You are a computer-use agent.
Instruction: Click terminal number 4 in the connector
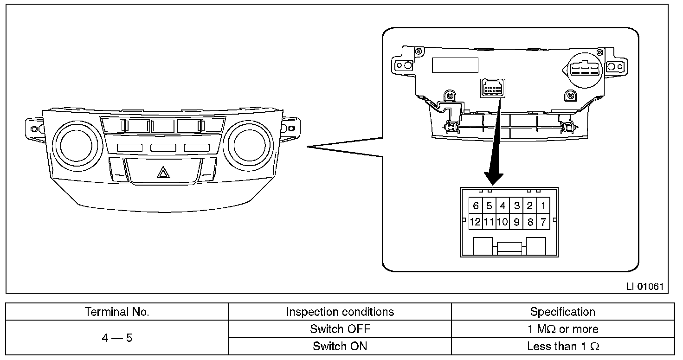[503, 206]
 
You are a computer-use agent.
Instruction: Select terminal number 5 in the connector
[489, 206]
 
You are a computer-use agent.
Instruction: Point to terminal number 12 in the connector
[475, 222]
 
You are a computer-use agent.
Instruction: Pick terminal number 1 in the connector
[543, 206]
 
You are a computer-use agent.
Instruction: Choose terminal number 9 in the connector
[516, 222]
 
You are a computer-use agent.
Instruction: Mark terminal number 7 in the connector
[543, 222]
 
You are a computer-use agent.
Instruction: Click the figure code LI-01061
[644, 286]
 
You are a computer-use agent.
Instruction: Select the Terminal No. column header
[117, 312]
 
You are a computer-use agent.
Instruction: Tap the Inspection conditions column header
[340, 312]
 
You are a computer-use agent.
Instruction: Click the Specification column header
[562, 312]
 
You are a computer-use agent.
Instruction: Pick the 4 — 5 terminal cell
[117, 338]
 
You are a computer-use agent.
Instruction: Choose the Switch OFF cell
[340, 329]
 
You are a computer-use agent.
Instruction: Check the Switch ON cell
[340, 346]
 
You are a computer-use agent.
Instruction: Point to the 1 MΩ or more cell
[562, 329]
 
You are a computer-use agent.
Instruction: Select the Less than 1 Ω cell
[562, 346]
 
